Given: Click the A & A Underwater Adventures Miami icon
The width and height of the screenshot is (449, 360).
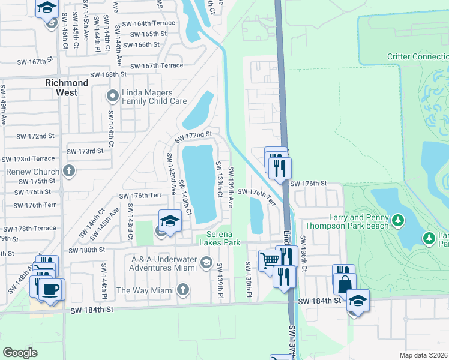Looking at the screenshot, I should point(206,262).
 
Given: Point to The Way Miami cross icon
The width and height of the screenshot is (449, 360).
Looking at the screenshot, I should point(183,290).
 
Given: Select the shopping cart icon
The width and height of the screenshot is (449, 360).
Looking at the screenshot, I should point(270,260).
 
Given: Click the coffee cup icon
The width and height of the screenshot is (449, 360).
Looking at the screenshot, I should point(50,289).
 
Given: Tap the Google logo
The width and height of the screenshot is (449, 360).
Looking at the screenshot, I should point(20,352).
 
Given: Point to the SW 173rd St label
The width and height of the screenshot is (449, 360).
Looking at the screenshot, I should point(85,151).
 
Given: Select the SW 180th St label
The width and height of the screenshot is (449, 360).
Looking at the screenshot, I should point(87,250).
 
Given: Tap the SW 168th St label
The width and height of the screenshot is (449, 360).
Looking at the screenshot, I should point(109,74).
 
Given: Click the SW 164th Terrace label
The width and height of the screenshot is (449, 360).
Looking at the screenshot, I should point(148,23).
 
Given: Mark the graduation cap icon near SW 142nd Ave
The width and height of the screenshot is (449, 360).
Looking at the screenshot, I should point(170,220).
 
